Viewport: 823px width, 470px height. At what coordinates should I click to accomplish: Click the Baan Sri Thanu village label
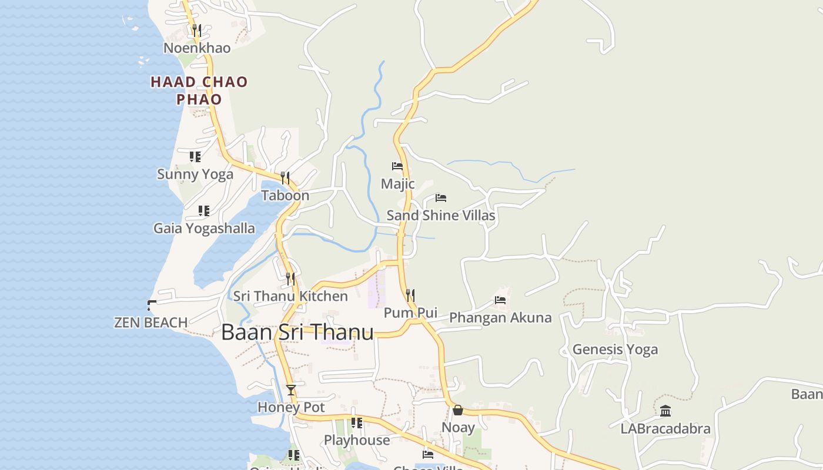[x=297, y=333]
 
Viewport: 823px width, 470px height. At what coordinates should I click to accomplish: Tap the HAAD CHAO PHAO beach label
[x=199, y=90]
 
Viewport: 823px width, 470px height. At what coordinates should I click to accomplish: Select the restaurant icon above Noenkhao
[x=197, y=29]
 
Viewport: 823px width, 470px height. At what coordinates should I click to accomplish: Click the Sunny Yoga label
[x=195, y=174]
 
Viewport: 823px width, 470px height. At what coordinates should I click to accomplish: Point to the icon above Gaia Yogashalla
[x=203, y=210]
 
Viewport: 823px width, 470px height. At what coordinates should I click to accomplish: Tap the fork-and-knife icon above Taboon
[x=285, y=177]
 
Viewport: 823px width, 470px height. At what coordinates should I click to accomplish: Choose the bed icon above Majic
[x=397, y=166]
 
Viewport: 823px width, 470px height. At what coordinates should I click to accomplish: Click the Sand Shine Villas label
[x=440, y=216]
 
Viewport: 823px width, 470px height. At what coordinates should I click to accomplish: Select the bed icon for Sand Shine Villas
[x=440, y=198]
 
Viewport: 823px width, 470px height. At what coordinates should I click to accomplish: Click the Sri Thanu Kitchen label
[x=290, y=296]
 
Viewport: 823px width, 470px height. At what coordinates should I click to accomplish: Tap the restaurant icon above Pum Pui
[x=410, y=295]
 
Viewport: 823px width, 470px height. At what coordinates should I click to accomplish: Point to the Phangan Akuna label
[x=500, y=318]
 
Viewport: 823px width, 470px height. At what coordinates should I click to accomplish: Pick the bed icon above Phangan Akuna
[x=500, y=300]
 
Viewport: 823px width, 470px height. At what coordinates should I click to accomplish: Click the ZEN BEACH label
[x=151, y=323]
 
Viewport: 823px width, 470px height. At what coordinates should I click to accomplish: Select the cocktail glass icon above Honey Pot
[x=291, y=390]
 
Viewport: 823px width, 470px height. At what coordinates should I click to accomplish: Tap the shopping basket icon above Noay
[x=458, y=410]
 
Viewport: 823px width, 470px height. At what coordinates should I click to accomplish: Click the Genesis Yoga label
[x=615, y=350]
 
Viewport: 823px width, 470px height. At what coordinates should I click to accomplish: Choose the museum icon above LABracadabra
[x=665, y=411]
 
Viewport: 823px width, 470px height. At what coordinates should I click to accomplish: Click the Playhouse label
[x=357, y=440]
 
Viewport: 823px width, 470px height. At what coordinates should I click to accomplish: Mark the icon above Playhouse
[x=357, y=422]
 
